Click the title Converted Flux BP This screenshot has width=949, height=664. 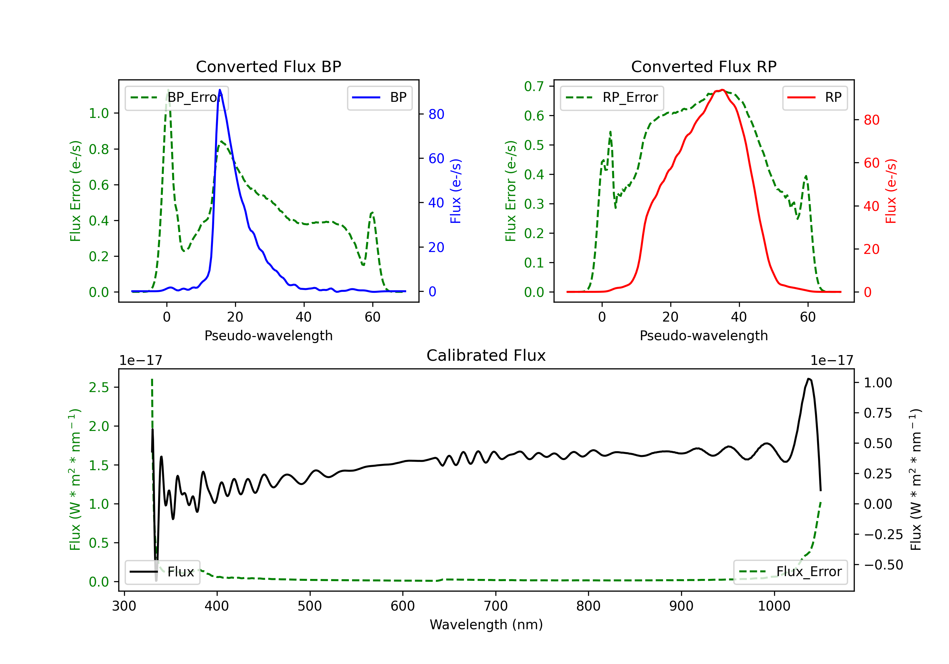pos(268,66)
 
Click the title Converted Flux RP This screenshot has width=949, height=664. pos(704,66)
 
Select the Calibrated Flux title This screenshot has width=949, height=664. pos(486,355)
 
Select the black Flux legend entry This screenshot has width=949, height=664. pos(163,572)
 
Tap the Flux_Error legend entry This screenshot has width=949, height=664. pos(790,572)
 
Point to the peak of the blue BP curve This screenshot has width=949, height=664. pos(220,90)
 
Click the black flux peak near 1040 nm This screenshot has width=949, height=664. pos(809,378)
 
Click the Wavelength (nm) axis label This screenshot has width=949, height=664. pos(486,624)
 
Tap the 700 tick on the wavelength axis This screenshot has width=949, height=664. pos(496,606)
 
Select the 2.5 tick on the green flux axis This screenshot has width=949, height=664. pos(99,387)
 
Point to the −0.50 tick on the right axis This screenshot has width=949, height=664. pos(883,565)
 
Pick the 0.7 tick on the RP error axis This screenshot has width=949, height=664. pos(534,86)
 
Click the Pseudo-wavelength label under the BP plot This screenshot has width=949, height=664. pos(268,335)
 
